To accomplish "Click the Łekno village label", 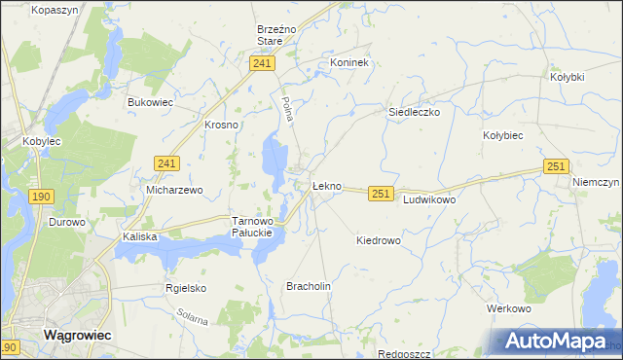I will [x=326, y=186].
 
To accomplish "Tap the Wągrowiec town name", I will [x=77, y=334].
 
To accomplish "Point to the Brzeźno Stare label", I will [x=270, y=35].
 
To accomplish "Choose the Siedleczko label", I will [x=415, y=112].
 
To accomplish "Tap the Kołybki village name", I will [x=567, y=76].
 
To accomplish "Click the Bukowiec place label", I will [x=151, y=100].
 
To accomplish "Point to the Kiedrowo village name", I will [x=379, y=239].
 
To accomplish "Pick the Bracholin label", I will [x=309, y=286].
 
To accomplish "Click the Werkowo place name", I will [x=508, y=308].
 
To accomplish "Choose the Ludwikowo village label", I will [x=429, y=198].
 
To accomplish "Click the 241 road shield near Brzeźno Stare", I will [x=261, y=63].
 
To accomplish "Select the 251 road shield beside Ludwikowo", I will [x=381, y=195].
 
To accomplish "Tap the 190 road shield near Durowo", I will [x=40, y=197].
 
